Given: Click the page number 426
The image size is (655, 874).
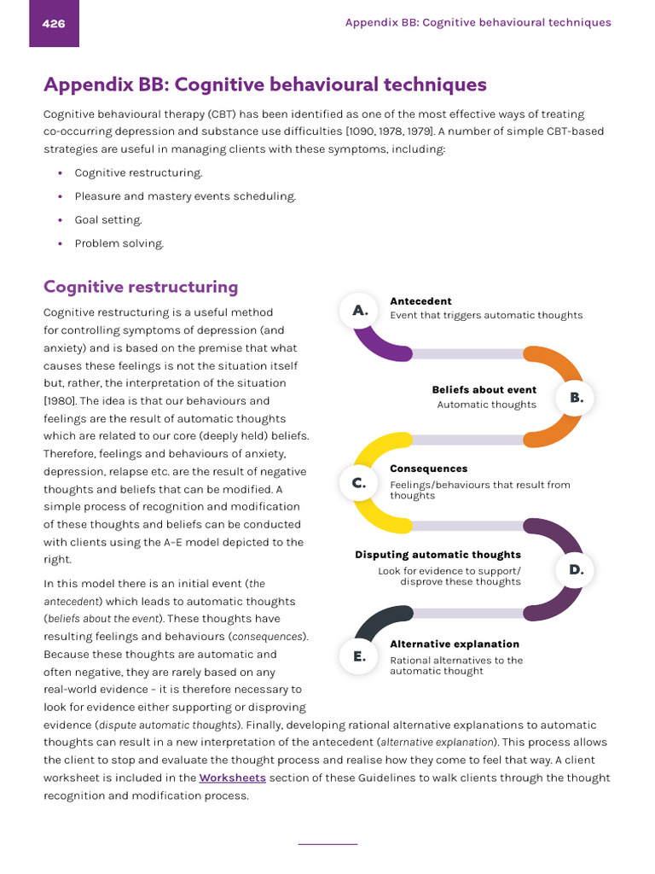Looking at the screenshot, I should tap(54, 24).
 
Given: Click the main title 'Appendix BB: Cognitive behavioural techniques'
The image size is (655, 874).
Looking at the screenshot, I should tap(265, 84).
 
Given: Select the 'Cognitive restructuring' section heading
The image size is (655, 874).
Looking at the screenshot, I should tap(141, 287).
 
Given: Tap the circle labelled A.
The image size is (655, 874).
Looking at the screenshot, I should tap(360, 311).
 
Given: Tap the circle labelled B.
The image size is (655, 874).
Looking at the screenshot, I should tap(576, 398).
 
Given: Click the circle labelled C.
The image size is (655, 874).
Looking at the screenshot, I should tap(359, 483).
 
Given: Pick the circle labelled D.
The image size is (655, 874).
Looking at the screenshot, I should tap(576, 569).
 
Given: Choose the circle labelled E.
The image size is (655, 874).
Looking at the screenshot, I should tap(359, 656).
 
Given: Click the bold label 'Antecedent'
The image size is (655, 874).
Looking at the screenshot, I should tap(420, 301).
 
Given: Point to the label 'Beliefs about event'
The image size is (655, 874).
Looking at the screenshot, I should tap(484, 390).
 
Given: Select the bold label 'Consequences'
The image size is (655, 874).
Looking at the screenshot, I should tap(428, 469).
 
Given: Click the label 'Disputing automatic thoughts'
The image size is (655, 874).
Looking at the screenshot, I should tap(438, 555).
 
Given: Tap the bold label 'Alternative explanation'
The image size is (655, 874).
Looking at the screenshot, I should tap(454, 644).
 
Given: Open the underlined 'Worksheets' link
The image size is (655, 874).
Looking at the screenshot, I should tap(232, 778).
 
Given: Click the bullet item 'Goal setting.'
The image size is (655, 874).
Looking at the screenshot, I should tap(108, 220).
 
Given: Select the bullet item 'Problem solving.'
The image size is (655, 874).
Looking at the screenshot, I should tap(119, 244).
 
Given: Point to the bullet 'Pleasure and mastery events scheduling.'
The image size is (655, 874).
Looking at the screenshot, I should tap(185, 196).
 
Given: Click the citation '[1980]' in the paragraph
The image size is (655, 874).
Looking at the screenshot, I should tap(59, 401).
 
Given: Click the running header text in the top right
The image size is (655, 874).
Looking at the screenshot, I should tap(478, 23).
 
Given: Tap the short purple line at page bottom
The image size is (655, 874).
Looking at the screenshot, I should tap(327, 844).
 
